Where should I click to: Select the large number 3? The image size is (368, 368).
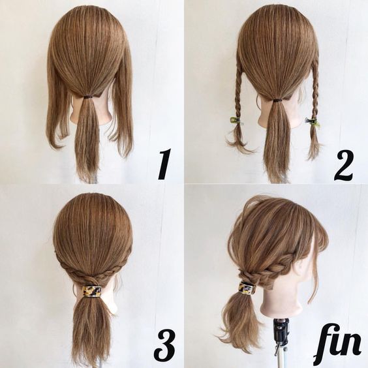click(x=165, y=348)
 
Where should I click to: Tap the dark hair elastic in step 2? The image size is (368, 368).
click(x=277, y=100)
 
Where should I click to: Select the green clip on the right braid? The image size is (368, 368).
click(x=312, y=121)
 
